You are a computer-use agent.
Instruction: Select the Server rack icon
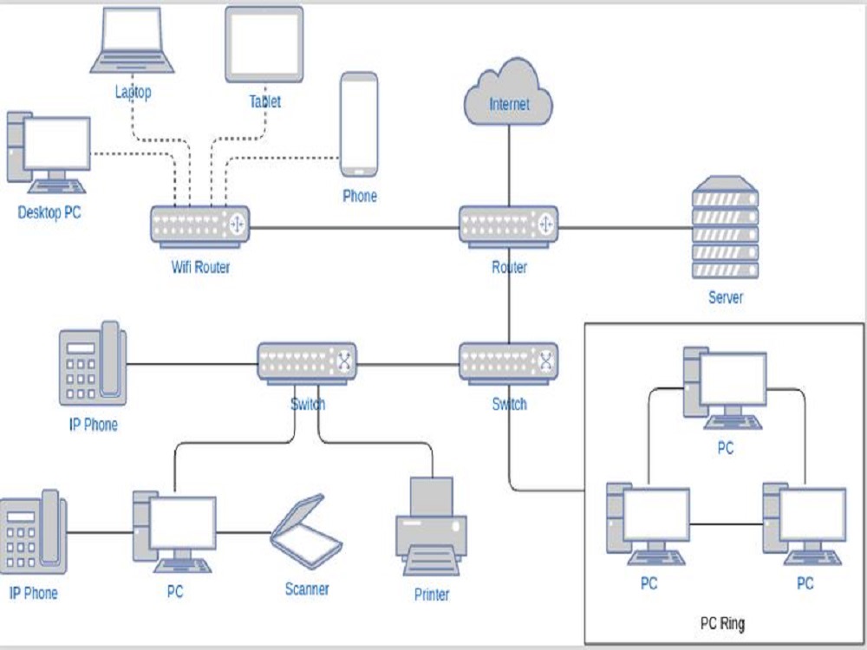coord(725,227)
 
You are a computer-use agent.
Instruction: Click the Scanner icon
coord(305,531)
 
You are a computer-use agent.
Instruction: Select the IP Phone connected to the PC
coord(33,531)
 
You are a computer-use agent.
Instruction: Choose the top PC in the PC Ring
coord(725,388)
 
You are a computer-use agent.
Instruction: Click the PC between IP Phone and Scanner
coord(174,530)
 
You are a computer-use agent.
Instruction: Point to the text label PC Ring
coord(721,623)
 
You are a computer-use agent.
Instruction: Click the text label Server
coord(725,297)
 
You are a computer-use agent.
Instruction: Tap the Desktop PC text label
coord(49,212)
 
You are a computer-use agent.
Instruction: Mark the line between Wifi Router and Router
coord(355,229)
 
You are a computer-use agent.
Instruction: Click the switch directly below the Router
coord(509,363)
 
